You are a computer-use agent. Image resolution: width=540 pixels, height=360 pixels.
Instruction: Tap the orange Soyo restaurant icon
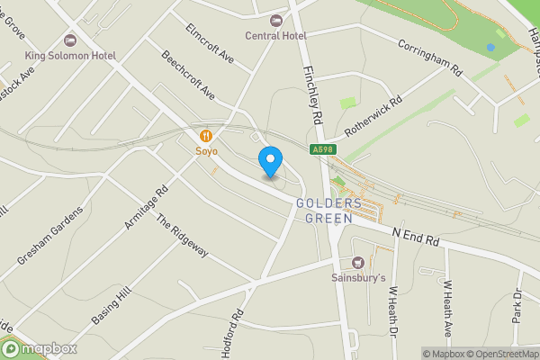[207, 136]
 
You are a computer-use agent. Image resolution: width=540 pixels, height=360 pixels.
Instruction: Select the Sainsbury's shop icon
[359, 263]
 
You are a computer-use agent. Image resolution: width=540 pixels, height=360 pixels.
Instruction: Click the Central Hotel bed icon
[276, 20]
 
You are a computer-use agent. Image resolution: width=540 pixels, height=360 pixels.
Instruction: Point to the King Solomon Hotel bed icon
[70, 40]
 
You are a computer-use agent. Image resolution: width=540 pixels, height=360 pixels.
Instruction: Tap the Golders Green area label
[328, 210]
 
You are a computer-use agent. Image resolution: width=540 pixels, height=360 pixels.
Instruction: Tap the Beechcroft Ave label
[188, 76]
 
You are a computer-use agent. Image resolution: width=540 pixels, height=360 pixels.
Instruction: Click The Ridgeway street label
[182, 235]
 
